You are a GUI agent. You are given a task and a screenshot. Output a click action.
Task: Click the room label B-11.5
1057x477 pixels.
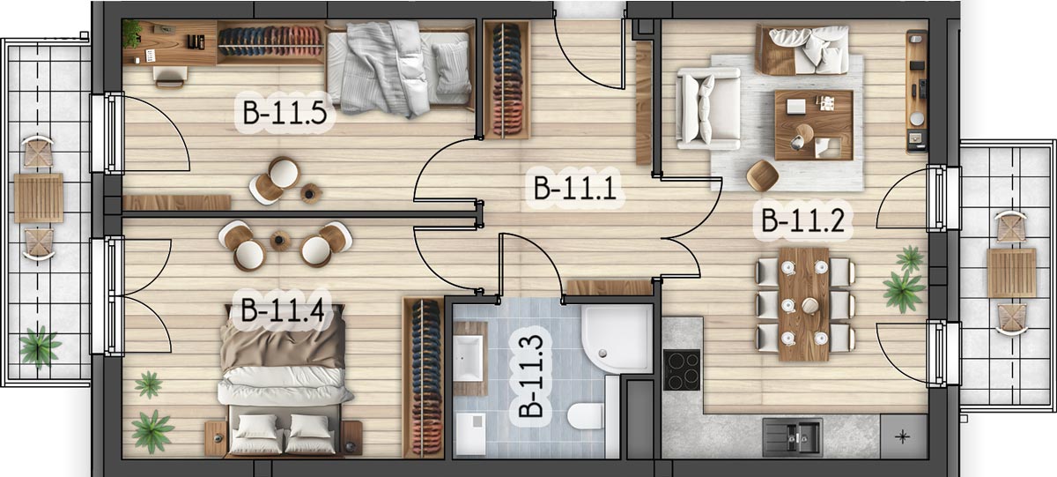[x=285, y=114]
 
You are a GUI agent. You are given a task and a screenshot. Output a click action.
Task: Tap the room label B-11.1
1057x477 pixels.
[x=574, y=188]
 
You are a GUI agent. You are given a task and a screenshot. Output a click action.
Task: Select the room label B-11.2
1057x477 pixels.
[x=802, y=220]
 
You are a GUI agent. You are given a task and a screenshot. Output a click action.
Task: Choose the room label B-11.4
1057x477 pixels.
[x=282, y=310]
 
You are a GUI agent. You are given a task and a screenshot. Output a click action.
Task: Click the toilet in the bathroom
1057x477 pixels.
[x=585, y=415]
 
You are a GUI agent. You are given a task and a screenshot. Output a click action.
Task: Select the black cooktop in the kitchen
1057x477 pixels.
[x=682, y=369]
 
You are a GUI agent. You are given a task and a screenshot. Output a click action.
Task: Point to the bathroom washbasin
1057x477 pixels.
[x=468, y=359]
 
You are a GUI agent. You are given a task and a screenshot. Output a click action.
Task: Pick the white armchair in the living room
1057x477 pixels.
[x=708, y=108]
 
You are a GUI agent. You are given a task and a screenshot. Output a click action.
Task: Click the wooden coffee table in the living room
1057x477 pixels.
[x=814, y=124]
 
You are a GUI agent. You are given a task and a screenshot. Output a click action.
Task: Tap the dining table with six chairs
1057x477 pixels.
[x=804, y=304]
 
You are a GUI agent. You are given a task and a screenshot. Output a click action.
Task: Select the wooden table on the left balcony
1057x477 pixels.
[x=38, y=198]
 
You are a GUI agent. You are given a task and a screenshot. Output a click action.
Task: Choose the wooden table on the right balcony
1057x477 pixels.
[x=1011, y=273]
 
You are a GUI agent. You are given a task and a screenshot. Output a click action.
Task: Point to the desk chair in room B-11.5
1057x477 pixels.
[x=169, y=77]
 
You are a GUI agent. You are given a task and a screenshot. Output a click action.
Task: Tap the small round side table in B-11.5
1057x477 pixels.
[x=310, y=193]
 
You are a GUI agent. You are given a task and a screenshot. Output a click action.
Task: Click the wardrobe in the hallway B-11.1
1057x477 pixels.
[x=507, y=80]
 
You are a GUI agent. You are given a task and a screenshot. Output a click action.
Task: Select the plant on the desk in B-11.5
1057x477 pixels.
[x=131, y=34]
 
